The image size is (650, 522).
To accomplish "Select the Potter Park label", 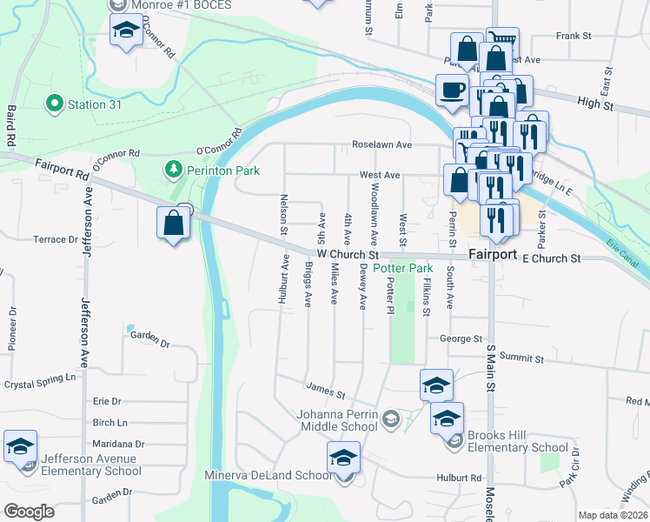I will [402, 269].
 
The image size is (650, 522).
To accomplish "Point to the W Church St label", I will [348, 255].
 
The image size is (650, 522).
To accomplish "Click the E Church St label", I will [551, 258].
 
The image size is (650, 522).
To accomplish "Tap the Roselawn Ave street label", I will [381, 144].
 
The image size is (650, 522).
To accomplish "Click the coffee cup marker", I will [451, 90].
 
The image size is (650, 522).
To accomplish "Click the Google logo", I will [29, 511].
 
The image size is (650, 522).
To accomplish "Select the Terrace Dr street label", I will [56, 239].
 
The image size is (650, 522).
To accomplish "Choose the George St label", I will [461, 338].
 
